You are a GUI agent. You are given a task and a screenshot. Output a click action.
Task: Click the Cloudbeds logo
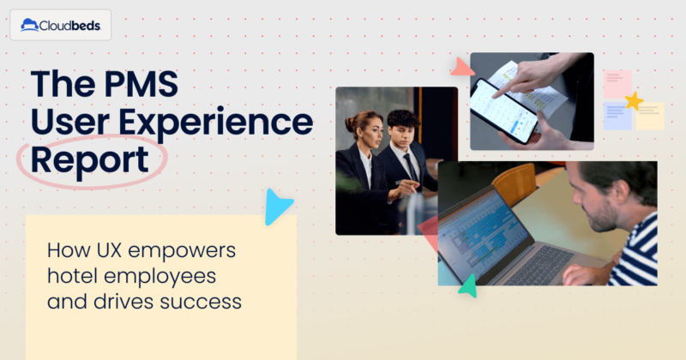point(60,26)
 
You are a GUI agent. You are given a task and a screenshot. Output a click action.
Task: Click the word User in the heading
point(74,123)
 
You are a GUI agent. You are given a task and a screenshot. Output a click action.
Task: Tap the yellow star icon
point(634,101)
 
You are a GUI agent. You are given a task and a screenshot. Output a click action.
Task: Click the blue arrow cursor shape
point(278,207)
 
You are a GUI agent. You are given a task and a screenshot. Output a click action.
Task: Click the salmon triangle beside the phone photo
point(461,67)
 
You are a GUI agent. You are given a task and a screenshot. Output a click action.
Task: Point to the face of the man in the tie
point(402,128)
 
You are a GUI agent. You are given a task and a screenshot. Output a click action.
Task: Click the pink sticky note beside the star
point(617,84)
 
